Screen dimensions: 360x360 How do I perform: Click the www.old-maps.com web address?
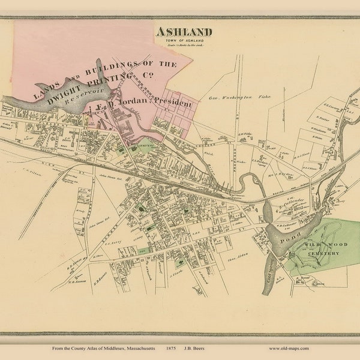(x=289, y=348)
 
